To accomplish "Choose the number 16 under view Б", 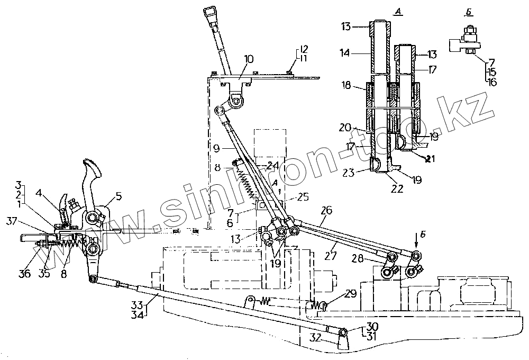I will [492, 83].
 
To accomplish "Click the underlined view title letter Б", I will [466, 11].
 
